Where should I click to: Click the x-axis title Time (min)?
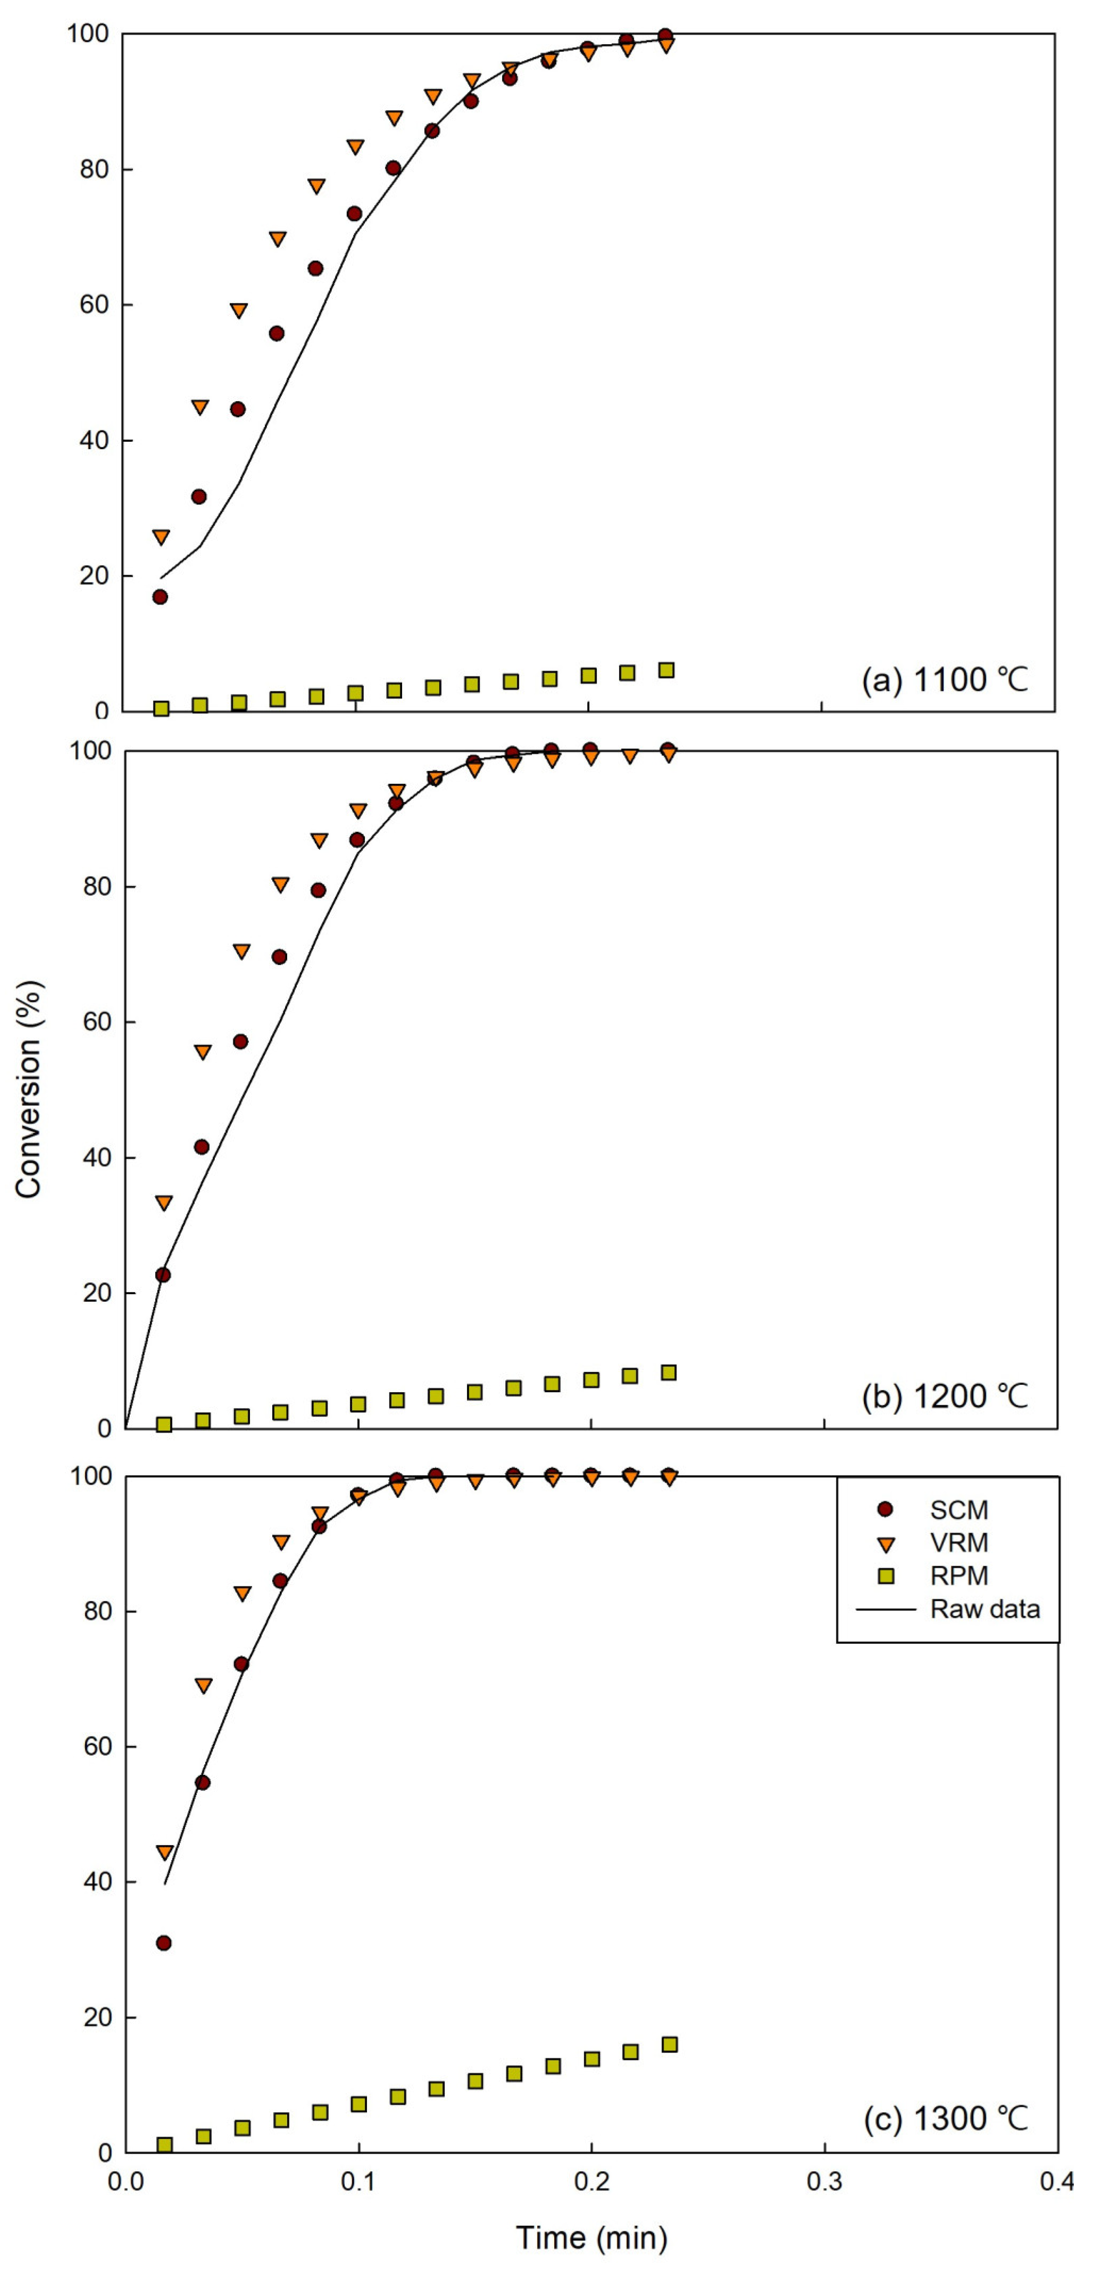(x=591, y=2237)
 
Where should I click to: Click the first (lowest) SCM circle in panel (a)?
(x=160, y=597)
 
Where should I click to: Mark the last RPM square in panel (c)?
(x=669, y=2045)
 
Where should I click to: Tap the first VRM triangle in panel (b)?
(x=163, y=1203)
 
